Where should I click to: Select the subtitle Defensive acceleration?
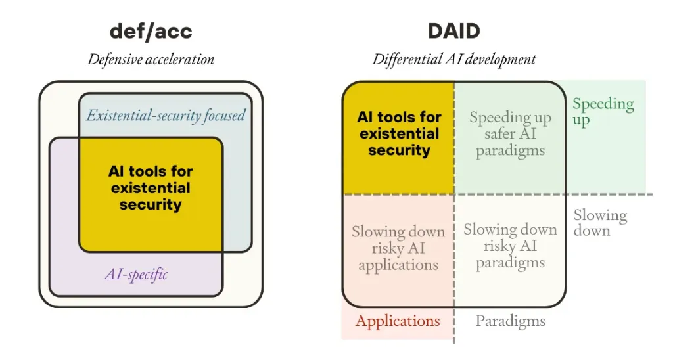[x=151, y=59]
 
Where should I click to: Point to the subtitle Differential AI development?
[x=454, y=59]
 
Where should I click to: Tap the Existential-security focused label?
[x=166, y=116]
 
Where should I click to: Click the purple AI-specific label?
[x=136, y=274]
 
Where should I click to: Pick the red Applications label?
[x=398, y=321]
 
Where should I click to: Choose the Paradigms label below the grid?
[x=511, y=321]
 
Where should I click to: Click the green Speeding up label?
[x=603, y=112]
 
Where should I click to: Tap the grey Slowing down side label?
[x=600, y=223]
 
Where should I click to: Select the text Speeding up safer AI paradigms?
[x=510, y=134]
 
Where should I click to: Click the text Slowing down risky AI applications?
[x=398, y=248]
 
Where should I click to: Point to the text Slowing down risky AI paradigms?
[x=510, y=246]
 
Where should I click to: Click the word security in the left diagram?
[x=151, y=204]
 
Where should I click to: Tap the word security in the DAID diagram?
[x=399, y=150]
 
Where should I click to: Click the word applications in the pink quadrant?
[x=398, y=265]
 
